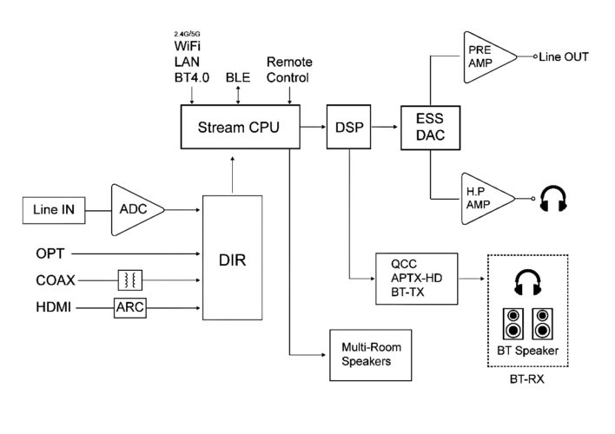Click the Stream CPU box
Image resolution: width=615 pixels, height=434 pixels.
coord(238,127)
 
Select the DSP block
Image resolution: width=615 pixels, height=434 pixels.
coord(347,127)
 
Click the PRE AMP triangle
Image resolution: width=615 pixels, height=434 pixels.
coord(482,57)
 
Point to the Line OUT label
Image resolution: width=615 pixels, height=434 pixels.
coord(563,57)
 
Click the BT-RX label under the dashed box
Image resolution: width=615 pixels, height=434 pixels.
coord(529,379)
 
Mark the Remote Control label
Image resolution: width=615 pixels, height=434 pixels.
coord(288,69)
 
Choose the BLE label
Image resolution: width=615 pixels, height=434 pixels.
coord(237,76)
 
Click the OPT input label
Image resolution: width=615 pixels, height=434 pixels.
coord(50,253)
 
